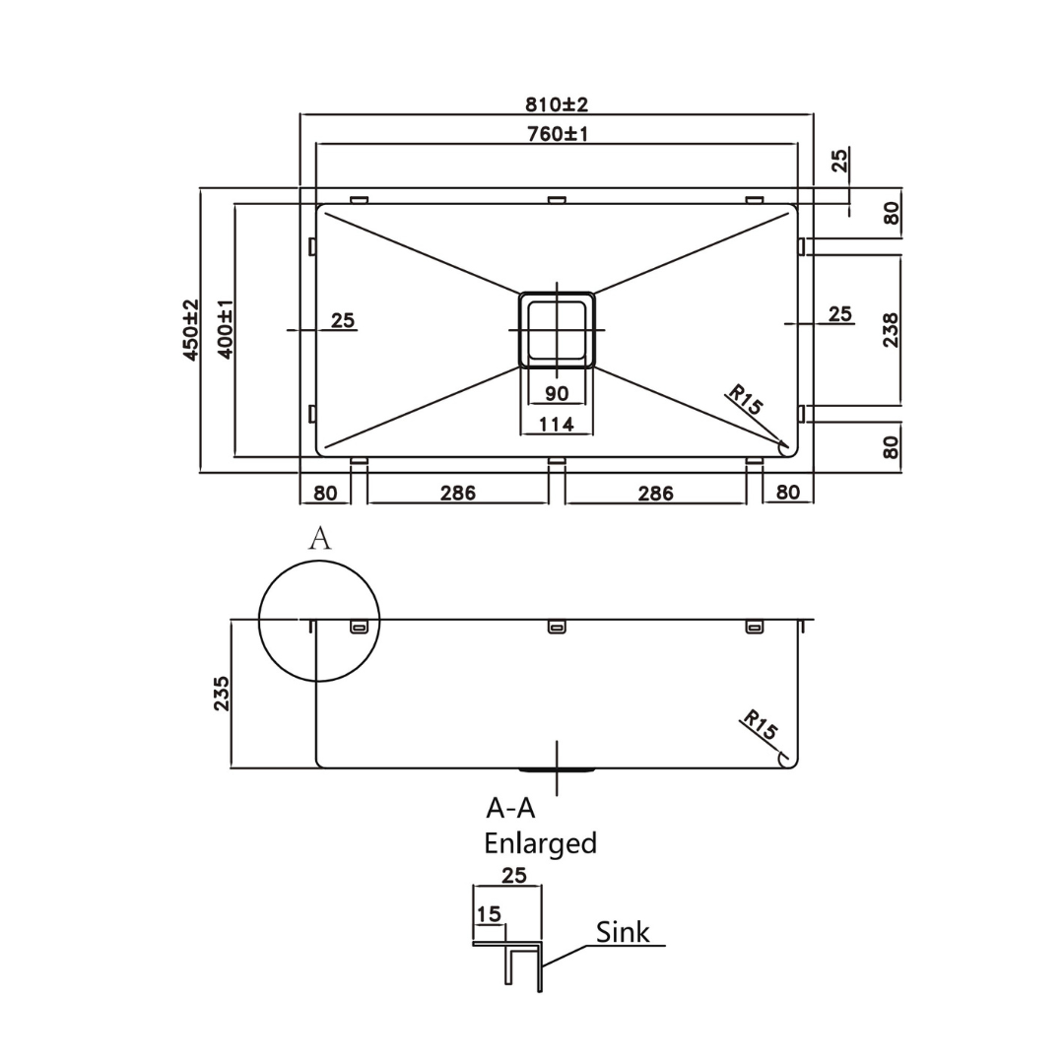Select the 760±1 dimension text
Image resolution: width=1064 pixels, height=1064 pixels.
click(x=557, y=133)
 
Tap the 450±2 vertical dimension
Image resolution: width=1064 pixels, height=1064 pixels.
click(x=191, y=330)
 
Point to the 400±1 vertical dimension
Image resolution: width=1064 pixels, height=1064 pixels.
click(x=225, y=330)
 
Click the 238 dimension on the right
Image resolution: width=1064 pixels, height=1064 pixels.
click(x=891, y=329)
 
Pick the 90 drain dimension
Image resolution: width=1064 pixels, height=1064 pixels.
click(x=557, y=394)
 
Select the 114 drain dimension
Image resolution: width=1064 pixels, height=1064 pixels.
click(x=557, y=425)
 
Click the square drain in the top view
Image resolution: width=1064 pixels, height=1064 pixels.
click(x=557, y=330)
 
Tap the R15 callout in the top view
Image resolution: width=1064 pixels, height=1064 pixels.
click(x=745, y=402)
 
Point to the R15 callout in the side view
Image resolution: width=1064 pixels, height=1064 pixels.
click(x=760, y=725)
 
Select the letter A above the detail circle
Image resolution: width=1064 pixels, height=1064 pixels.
click(x=319, y=538)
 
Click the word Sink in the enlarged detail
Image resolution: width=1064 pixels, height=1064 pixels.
click(x=623, y=932)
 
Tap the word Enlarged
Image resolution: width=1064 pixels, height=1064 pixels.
click(x=540, y=843)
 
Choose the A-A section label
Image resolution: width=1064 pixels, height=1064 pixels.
click(x=510, y=808)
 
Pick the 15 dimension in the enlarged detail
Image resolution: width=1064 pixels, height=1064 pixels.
click(x=489, y=914)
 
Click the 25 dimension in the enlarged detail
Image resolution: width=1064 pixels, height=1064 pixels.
click(x=514, y=875)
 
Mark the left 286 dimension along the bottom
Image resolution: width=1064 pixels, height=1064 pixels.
click(x=458, y=493)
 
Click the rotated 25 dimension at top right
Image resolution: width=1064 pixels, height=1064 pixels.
click(x=839, y=160)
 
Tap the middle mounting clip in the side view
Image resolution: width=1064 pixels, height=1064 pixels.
click(x=557, y=627)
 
